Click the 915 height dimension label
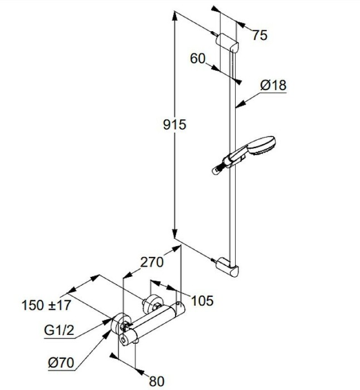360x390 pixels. (174, 125)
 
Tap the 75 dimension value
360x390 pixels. (260, 35)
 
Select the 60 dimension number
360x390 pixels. (198, 58)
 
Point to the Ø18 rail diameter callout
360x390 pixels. (273, 85)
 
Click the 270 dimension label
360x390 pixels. (152, 262)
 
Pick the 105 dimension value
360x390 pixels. (202, 300)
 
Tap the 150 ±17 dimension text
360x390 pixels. (46, 305)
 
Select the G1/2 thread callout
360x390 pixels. (59, 330)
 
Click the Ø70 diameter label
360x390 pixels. (61, 363)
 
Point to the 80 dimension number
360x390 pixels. (157, 381)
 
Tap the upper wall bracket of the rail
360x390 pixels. (227, 43)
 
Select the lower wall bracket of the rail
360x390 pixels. (227, 267)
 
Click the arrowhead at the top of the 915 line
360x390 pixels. (175, 16)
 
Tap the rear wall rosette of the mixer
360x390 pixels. (151, 303)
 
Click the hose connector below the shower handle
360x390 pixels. (218, 169)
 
